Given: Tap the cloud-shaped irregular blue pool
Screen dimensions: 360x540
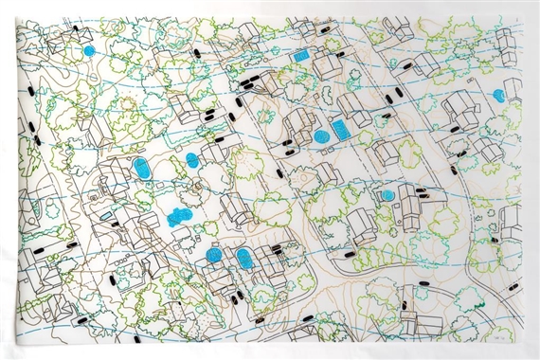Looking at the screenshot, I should (x=179, y=217).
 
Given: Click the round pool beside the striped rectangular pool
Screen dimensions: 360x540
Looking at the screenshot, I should (x=321, y=137).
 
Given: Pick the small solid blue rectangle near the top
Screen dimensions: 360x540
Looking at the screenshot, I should (x=301, y=56).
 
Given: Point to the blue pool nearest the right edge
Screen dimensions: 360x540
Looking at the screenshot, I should (x=498, y=95).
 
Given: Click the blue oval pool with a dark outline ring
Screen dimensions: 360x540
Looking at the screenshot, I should (x=142, y=170).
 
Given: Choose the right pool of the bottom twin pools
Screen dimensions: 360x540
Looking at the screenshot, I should (x=244, y=258).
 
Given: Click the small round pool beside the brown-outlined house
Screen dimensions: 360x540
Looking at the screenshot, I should (x=387, y=195).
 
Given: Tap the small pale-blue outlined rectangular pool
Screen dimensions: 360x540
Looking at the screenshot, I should (x=366, y=138).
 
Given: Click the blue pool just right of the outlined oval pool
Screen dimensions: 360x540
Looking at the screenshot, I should (x=192, y=159).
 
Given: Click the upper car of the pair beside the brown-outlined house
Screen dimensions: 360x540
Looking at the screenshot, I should (x=422, y=193).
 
